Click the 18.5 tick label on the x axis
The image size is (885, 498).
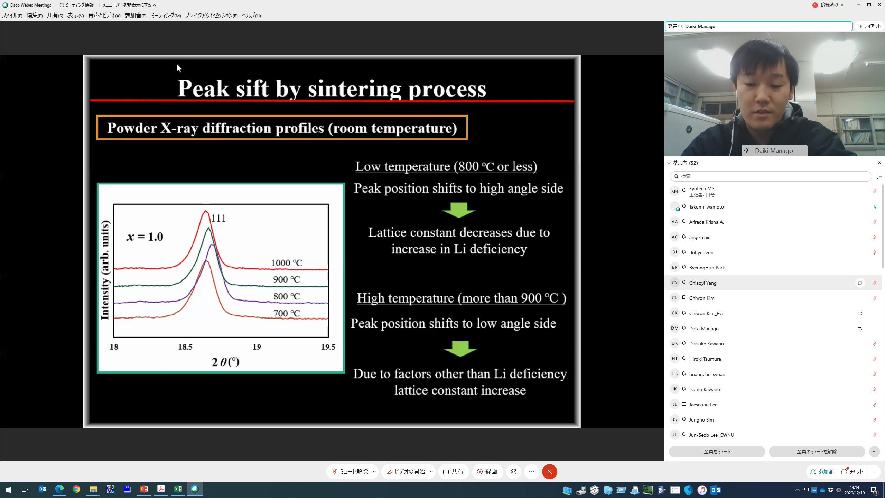[185, 347]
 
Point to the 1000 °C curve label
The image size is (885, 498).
[287, 263]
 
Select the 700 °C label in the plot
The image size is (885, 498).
[287, 313]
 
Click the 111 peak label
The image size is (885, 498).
[218, 218]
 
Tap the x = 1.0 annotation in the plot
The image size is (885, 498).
[145, 237]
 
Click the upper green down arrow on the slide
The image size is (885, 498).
[459, 210]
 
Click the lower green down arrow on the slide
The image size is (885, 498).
[460, 349]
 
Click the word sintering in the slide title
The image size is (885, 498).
[354, 89]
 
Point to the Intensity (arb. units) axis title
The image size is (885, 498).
[105, 270]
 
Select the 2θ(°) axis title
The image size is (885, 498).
[225, 362]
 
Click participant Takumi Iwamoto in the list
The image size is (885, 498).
[706, 207]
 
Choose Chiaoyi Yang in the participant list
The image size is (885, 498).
[703, 283]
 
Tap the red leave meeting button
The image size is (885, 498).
[549, 472]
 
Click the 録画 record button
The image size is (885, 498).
[487, 472]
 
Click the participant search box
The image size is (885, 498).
[771, 176]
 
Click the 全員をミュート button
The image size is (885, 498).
[717, 452]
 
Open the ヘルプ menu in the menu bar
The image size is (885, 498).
[251, 15]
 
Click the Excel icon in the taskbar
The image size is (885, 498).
[178, 489]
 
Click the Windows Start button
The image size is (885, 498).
[8, 490]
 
